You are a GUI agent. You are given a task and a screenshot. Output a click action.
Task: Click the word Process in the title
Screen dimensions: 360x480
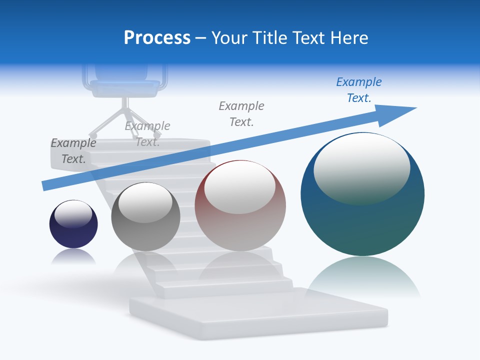pos(157,38)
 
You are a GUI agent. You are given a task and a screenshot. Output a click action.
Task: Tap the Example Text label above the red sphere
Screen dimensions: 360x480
pos(241,113)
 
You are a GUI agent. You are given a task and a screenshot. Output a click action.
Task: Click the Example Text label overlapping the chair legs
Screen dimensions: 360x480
pos(147,133)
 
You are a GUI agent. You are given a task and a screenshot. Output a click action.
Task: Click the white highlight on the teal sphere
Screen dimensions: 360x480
pos(361,167)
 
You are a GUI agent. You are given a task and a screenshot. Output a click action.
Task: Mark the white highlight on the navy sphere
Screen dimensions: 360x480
pos(73,214)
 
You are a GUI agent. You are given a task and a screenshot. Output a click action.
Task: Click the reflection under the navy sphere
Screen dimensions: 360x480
pos(73,257)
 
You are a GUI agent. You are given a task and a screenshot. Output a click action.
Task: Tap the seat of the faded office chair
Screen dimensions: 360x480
pos(125,87)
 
